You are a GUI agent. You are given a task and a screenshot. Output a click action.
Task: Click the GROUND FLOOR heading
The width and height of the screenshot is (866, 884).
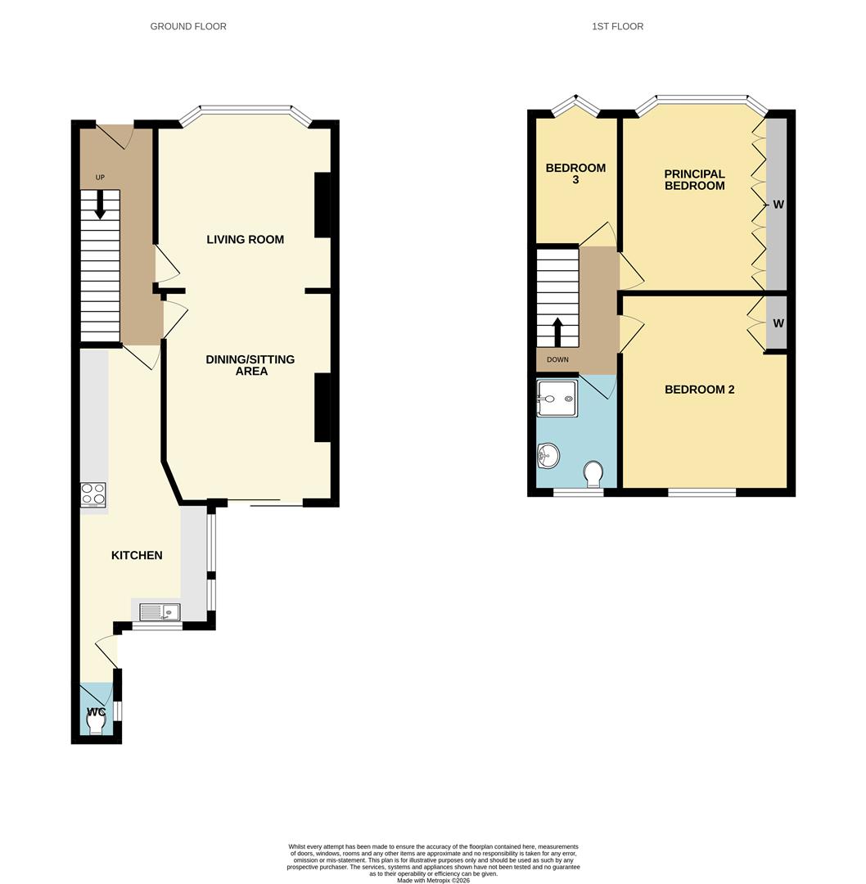[x=188, y=26]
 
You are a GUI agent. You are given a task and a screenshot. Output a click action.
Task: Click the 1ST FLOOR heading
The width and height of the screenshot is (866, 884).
[x=617, y=26]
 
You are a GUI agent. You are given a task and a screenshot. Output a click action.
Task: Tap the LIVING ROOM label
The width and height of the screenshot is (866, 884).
[x=245, y=240]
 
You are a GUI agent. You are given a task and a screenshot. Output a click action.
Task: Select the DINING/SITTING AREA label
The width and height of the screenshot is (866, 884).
[x=250, y=365]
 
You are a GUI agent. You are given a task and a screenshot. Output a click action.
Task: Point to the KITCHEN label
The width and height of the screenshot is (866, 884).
[x=137, y=555]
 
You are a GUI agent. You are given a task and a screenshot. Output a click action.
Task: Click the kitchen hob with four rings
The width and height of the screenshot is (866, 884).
[x=93, y=494]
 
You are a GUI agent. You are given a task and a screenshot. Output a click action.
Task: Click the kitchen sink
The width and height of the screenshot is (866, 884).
[x=160, y=611]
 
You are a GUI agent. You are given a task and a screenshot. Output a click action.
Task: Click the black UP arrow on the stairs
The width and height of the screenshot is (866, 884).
[x=100, y=205]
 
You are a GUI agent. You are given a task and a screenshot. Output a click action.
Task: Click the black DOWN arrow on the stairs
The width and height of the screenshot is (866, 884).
[x=558, y=331]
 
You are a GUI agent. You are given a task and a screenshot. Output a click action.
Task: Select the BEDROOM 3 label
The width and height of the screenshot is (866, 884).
[x=575, y=174]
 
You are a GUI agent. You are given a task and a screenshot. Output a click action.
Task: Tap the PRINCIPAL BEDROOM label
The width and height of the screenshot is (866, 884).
[x=694, y=179]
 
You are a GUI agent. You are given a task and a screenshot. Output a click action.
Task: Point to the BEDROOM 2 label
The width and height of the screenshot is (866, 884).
[x=699, y=390]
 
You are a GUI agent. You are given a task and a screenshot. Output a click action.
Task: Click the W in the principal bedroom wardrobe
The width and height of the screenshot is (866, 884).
[x=778, y=205]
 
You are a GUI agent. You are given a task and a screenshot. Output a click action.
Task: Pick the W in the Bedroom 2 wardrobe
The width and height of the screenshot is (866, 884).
[x=778, y=323]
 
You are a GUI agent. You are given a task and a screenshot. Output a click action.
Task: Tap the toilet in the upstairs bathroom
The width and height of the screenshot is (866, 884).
[x=594, y=473]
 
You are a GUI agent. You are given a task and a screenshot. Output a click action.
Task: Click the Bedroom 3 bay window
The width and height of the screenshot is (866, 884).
[x=575, y=104]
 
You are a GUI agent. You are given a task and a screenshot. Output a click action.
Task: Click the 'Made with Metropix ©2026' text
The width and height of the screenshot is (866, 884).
[x=433, y=880]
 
